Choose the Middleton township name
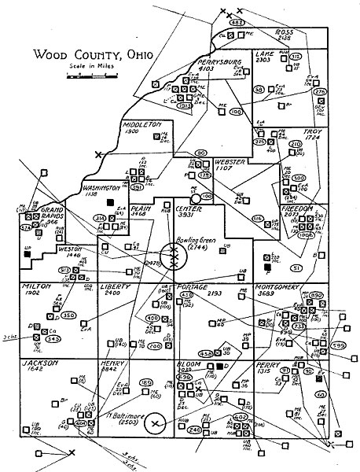click(x=142, y=124)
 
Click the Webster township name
click(x=233, y=161)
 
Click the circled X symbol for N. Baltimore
click(x=156, y=425)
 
